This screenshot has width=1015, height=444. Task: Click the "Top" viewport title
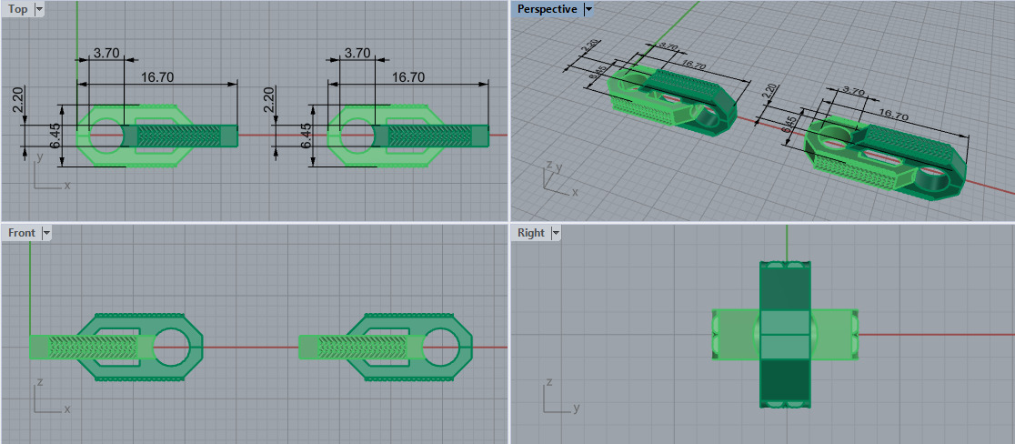click(17, 9)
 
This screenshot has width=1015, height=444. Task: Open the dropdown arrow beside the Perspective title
click(588, 9)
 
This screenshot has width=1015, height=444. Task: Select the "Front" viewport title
click(21, 233)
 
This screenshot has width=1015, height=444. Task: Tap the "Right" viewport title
click(530, 233)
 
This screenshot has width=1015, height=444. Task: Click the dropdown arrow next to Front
click(46, 233)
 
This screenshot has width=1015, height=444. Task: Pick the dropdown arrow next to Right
click(555, 233)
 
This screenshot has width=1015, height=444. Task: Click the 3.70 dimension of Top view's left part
click(106, 54)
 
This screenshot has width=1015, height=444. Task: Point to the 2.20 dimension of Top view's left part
click(15, 98)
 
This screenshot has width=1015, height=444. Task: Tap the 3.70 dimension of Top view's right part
click(357, 54)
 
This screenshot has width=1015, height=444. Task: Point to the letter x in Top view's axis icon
click(66, 186)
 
